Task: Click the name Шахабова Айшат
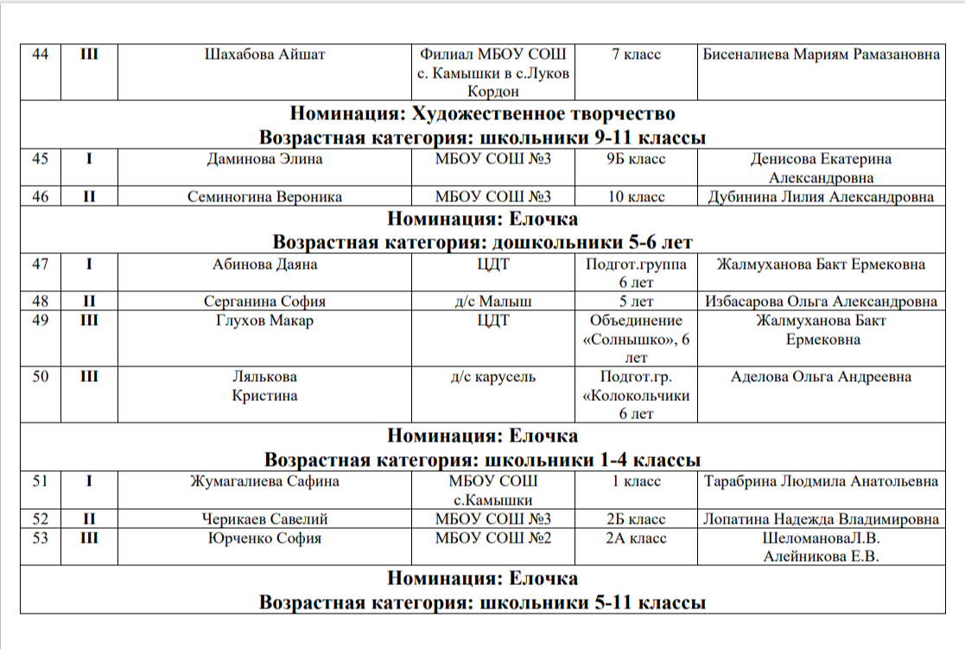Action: (264, 54)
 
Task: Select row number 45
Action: (40, 159)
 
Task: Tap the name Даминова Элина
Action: (264, 159)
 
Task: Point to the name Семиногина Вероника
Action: (264, 197)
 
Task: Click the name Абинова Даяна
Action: (264, 264)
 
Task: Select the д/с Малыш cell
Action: (492, 302)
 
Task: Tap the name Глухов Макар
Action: (264, 321)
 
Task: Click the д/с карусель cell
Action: (492, 377)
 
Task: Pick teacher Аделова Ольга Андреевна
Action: (821, 377)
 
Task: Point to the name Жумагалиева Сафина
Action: (264, 481)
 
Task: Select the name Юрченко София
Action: (264, 538)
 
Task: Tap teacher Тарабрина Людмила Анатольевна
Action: (821, 481)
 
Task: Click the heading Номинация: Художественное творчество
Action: (482, 114)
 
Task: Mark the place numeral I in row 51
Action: (89, 481)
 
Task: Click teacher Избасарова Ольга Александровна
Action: (821, 302)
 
